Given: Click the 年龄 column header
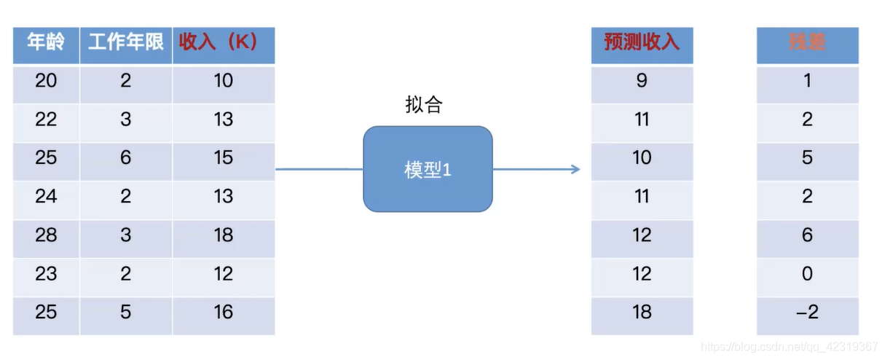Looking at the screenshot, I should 46,42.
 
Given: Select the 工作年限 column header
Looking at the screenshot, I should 126,42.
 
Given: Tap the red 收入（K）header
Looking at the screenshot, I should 223,42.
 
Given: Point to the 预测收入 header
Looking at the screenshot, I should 642,42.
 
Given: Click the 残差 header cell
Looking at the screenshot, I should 807,42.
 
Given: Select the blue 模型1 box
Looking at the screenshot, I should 428,170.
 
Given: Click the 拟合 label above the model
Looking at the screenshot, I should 423,105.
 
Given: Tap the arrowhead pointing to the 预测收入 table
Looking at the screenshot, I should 575,170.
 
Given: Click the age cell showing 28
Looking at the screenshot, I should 46,235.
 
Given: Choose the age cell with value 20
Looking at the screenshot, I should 46,80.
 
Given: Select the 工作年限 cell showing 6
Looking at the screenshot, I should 126,157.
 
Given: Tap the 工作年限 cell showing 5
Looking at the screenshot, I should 126,313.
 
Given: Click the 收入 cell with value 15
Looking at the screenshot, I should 223,157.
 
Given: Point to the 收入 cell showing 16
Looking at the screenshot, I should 223,313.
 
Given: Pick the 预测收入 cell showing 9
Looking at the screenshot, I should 642,80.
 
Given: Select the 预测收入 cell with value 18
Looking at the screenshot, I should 642,313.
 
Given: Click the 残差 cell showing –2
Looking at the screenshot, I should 807,313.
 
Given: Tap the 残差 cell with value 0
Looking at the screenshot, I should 807,274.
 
